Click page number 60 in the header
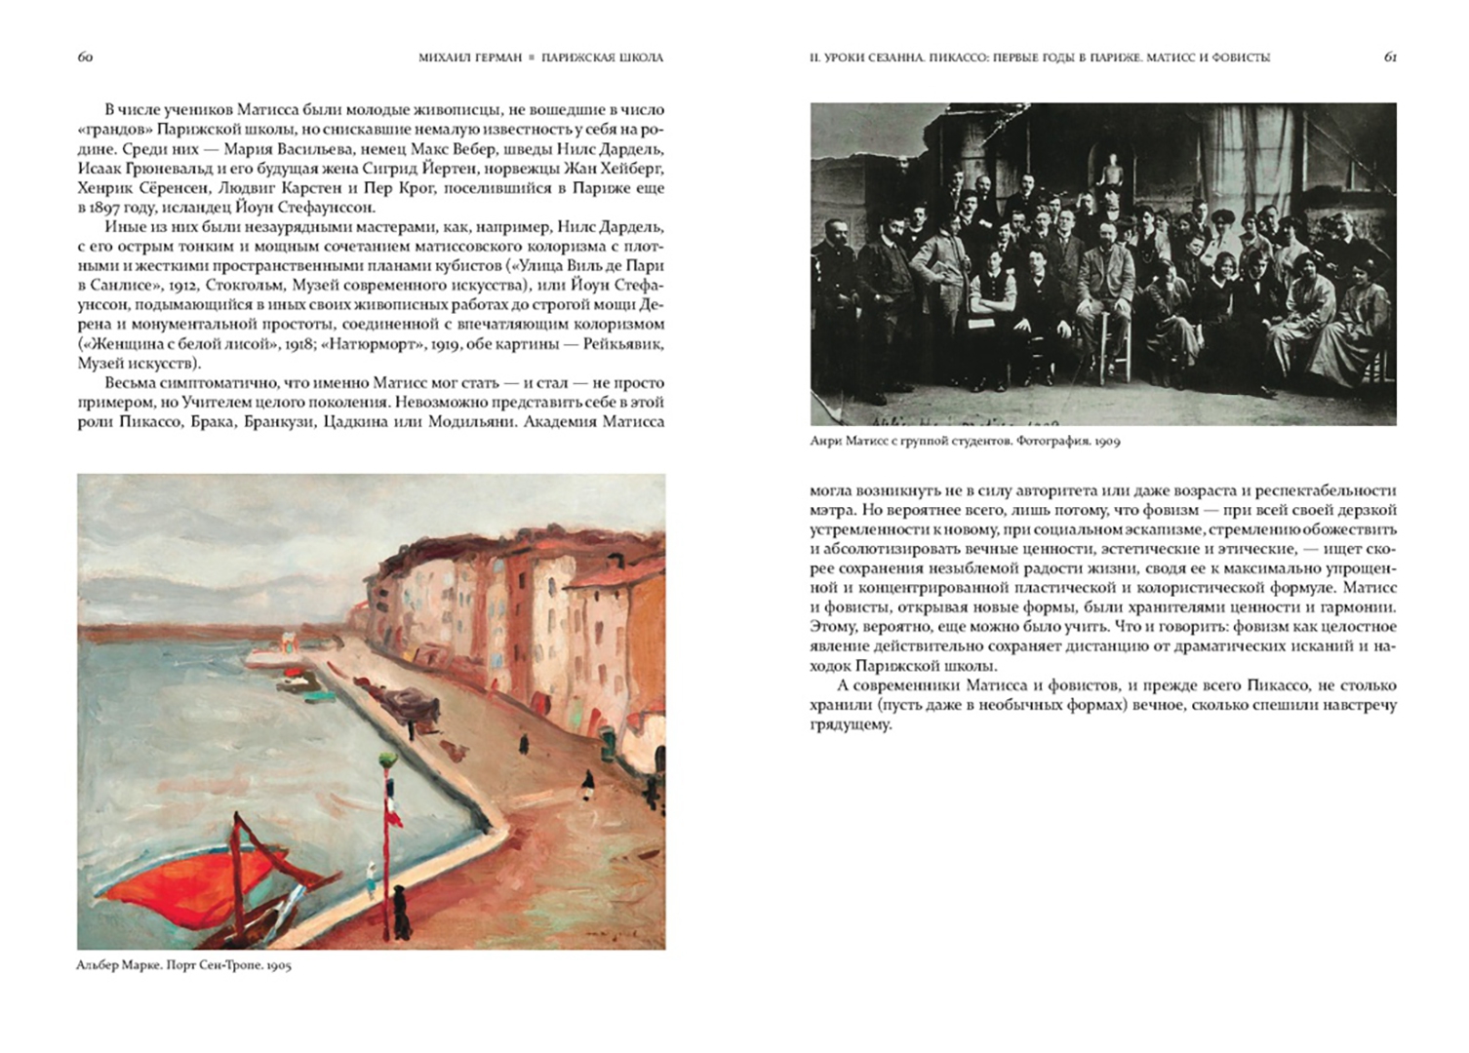(x=85, y=57)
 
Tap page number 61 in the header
(x=1390, y=57)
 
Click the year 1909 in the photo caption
(x=1106, y=441)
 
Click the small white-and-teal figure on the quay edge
(x=371, y=880)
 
